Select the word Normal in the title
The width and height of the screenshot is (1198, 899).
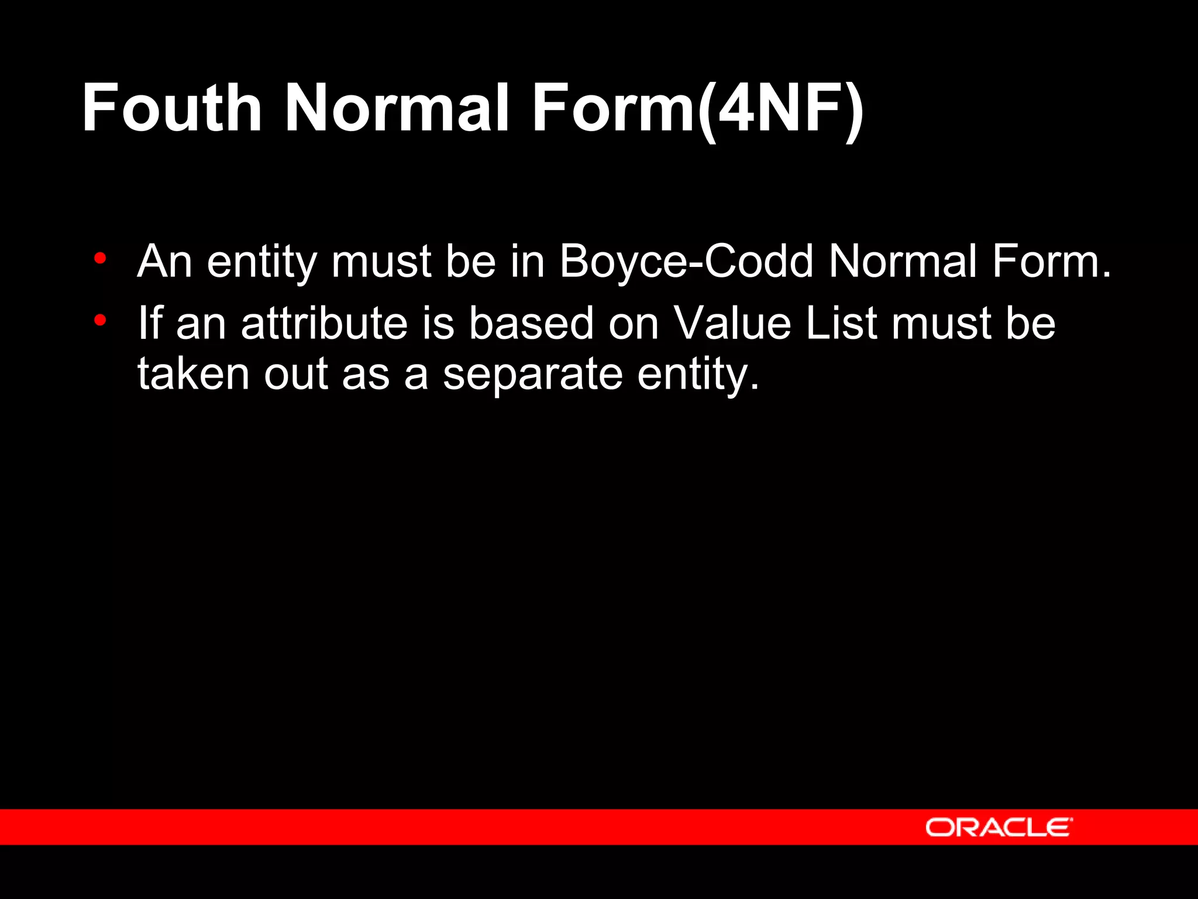[x=397, y=108]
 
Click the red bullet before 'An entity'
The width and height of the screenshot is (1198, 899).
[x=100, y=258]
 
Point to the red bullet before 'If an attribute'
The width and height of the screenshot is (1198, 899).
[x=100, y=320]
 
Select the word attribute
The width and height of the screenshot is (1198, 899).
[x=324, y=323]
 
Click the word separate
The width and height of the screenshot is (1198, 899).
[x=532, y=375]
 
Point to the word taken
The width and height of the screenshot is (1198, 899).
[x=194, y=375]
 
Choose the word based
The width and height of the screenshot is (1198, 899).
[x=531, y=323]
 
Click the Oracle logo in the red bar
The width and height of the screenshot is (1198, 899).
[x=999, y=827]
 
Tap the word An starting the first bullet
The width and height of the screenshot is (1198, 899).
[x=164, y=261]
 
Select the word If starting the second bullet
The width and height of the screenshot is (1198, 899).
[x=149, y=323]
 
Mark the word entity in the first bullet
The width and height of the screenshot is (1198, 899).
[x=261, y=262]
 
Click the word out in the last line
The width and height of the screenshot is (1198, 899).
[x=295, y=375]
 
